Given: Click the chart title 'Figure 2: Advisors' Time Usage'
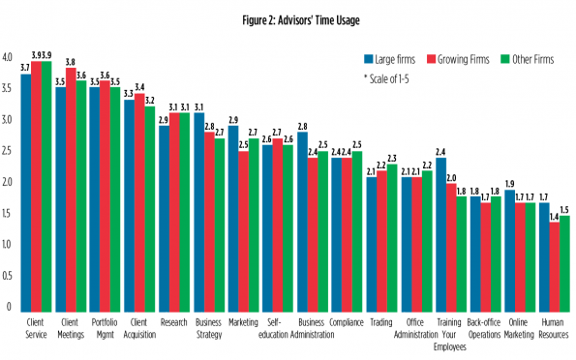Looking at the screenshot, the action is pos(301,20).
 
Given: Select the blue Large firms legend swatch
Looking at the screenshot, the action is pos(369,59).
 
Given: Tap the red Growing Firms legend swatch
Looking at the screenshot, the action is pos(431,59).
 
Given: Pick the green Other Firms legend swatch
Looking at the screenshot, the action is pos(505,59).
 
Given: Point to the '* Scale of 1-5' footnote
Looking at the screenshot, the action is pos(386,79).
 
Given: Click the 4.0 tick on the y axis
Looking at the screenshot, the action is pos(7,57).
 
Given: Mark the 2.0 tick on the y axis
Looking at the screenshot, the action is pos(7,182).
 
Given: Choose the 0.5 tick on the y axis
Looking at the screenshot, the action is pos(7,276).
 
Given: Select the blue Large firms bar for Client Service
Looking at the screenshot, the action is pos(26,194).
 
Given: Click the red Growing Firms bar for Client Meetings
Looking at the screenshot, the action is pos(71,190).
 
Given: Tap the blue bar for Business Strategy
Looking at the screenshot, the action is pos(199,212).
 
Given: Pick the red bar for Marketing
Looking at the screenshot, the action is pos(244,232).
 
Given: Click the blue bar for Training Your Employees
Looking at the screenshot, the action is pos(441,235).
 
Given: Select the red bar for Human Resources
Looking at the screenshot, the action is pos(555,267).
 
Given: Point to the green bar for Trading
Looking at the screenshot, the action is pos(392,238).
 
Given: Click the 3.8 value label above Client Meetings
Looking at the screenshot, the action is pos(71,62).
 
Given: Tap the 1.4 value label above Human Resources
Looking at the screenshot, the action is pos(554,217).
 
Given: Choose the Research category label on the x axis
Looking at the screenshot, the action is pos(173,322).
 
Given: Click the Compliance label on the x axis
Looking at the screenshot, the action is pos(347,322).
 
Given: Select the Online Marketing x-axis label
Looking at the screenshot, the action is pos(519,328).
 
